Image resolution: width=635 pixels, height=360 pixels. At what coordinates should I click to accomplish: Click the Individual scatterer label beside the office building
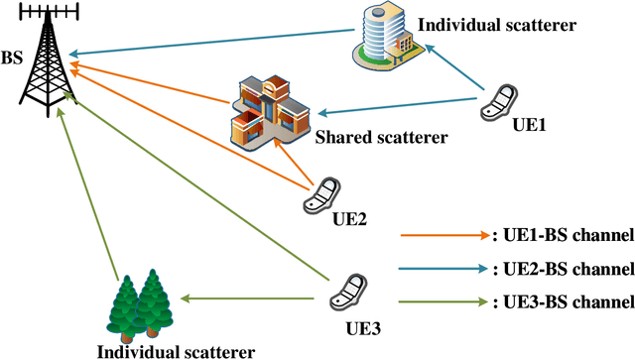[497, 23]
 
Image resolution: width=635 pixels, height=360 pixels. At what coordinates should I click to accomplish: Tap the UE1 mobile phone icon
[498, 99]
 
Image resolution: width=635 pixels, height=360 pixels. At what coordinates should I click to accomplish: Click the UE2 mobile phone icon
[323, 193]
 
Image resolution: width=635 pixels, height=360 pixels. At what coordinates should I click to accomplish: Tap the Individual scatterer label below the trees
[176, 350]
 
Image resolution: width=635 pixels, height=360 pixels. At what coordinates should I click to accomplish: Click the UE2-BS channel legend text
[563, 269]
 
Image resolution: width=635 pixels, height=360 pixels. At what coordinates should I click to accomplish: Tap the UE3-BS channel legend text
[563, 301]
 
